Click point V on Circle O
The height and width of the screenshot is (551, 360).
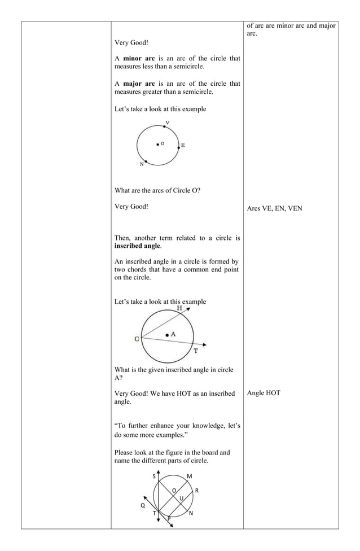coord(164,127)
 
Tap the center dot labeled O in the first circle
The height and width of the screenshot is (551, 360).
coord(158,144)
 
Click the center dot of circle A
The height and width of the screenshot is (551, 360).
coord(167,335)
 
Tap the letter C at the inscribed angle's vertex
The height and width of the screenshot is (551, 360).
coord(137,339)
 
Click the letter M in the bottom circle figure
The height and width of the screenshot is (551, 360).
coord(190,476)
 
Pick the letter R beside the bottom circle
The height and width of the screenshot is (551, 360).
coord(196,490)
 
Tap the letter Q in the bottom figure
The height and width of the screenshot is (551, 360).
coord(143,505)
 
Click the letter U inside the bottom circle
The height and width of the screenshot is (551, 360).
coord(181,498)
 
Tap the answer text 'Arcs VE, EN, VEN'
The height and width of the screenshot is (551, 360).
coord(274,208)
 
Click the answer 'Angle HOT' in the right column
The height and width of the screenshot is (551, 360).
coord(264,393)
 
